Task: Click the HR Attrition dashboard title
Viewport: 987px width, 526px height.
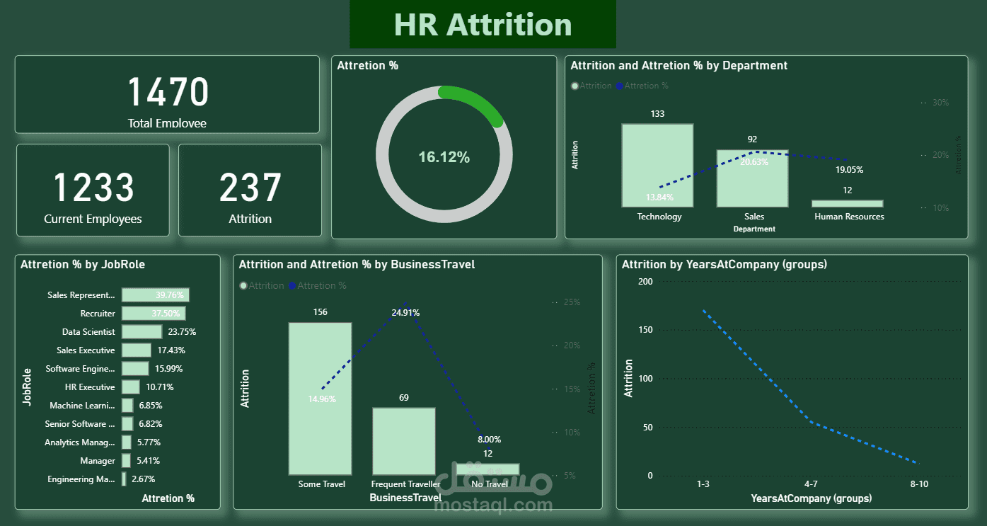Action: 483,25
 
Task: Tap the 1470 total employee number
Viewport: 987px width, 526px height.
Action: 168,93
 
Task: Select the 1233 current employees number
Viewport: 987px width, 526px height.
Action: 93,188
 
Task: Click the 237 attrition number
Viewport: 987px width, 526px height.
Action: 250,188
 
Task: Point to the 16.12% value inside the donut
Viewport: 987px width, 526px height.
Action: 444,157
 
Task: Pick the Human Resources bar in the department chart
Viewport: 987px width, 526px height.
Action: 847,203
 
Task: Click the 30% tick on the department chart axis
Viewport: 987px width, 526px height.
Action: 940,103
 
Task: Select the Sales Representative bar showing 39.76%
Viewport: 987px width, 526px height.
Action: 155,295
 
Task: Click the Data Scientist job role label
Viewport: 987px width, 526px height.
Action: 88,332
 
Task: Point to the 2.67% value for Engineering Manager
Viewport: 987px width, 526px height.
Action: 145,479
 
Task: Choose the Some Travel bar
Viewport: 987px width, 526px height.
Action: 320,398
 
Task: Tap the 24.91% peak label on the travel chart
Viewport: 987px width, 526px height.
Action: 405,312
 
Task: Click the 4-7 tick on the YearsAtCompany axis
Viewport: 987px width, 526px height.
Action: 811,484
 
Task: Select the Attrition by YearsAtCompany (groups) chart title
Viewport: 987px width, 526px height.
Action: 725,265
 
